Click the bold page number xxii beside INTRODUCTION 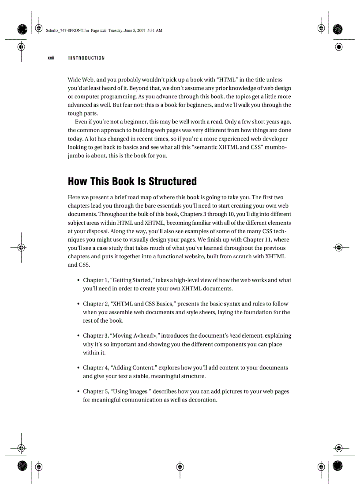(x=51, y=58)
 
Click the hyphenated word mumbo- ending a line (x=276, y=147)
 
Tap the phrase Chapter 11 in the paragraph (x=258, y=239)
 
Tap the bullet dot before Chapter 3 (x=78, y=336)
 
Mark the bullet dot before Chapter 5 (x=78, y=391)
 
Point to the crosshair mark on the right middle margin (x=338, y=247)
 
